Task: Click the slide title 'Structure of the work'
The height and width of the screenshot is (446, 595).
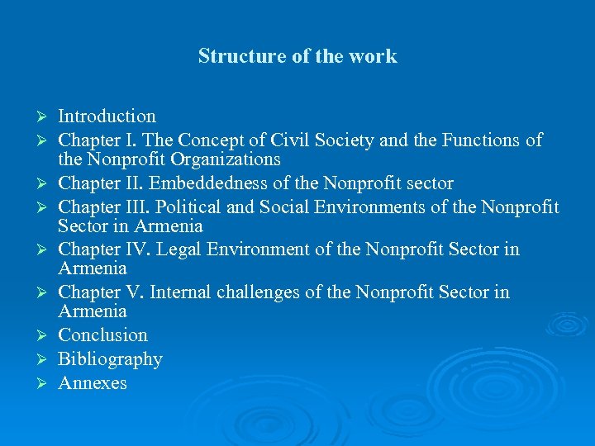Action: tap(297, 56)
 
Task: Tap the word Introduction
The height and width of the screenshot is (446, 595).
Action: tap(107, 116)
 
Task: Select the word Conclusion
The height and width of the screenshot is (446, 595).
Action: tap(102, 335)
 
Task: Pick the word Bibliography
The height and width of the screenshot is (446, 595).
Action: tap(110, 359)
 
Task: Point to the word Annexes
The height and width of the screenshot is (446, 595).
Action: tap(92, 383)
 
